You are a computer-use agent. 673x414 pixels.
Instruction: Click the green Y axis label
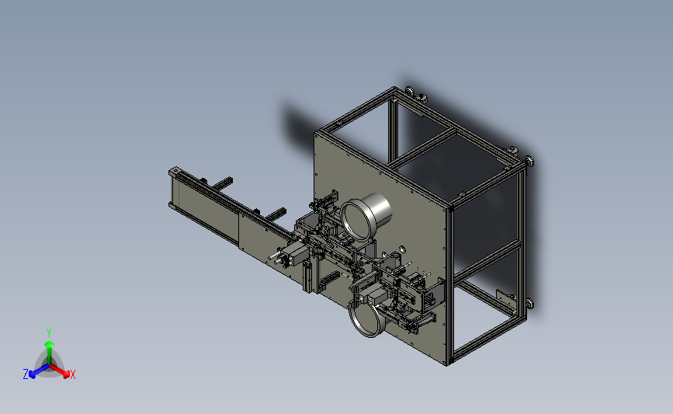(48, 333)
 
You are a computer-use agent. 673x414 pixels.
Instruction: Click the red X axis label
(72, 374)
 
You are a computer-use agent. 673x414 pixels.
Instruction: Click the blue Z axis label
(26, 374)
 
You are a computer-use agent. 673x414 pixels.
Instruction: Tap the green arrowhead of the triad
(49, 344)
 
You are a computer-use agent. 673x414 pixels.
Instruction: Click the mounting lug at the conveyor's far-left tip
(175, 172)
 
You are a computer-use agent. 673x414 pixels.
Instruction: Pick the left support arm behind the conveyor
(222, 183)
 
